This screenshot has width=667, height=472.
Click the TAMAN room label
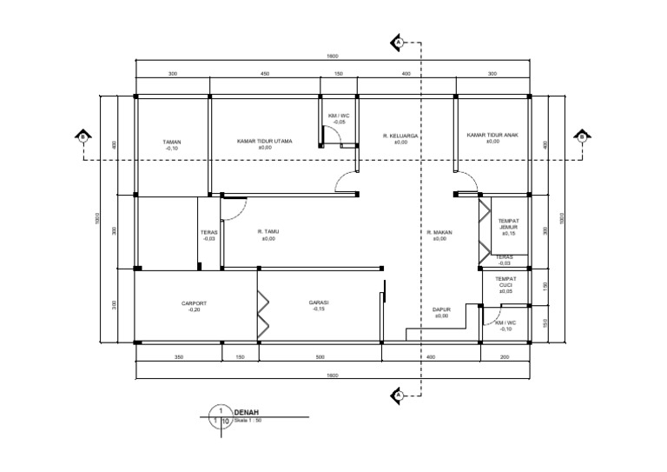tap(171, 142)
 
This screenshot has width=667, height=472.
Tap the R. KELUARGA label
tap(400, 136)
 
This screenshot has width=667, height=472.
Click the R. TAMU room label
tap(267, 231)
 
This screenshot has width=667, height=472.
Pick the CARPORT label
tap(194, 303)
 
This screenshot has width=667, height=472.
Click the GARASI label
tap(318, 302)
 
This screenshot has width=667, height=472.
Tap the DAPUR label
tap(441, 309)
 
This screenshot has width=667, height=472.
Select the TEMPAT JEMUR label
tap(508, 224)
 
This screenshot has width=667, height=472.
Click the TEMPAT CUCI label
tap(505, 282)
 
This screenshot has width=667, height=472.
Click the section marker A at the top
tap(397, 42)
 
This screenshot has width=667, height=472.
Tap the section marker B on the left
tap(82, 136)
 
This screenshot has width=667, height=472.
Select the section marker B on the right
tap(581, 136)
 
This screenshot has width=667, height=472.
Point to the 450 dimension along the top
tap(265, 74)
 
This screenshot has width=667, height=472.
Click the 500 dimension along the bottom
tap(320, 356)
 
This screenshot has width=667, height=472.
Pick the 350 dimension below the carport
tap(178, 356)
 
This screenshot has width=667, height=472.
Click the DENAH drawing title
tap(247, 413)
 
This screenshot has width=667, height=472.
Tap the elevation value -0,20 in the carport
tap(194, 309)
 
